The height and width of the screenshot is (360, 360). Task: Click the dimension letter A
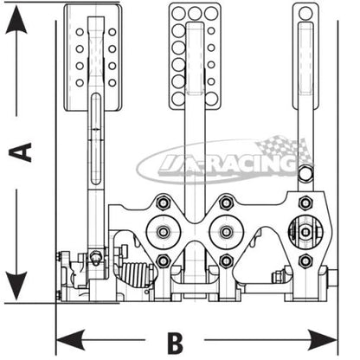pyautogui.click(x=20, y=151)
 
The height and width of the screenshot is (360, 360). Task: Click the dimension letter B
pyautogui.click(x=175, y=344)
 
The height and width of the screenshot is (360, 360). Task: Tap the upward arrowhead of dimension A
pyautogui.click(x=16, y=20)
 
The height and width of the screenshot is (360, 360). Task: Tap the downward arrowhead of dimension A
pyautogui.click(x=16, y=286)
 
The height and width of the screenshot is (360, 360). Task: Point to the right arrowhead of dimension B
pyautogui.click(x=323, y=340)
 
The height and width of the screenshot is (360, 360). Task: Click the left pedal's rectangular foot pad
pyautogui.click(x=93, y=58)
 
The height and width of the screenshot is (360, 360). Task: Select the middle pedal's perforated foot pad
pyautogui.click(x=195, y=56)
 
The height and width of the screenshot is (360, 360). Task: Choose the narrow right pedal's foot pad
pyautogui.click(x=305, y=56)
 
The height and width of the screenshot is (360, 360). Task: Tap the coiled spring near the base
pyautogui.click(x=136, y=274)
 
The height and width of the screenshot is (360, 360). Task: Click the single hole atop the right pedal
pyautogui.click(x=305, y=13)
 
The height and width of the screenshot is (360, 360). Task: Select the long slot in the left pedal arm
pyautogui.click(x=95, y=139)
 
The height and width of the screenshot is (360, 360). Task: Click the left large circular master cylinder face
pyautogui.click(x=164, y=231)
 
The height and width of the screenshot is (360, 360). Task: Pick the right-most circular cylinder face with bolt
pyautogui.click(x=305, y=232)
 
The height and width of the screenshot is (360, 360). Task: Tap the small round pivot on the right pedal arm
pyautogui.click(x=305, y=173)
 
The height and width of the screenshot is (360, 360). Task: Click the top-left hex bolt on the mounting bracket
pyautogui.click(x=164, y=202)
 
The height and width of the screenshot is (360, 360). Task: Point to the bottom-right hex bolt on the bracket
pyautogui.click(x=305, y=261)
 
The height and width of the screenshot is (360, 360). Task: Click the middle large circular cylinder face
pyautogui.click(x=227, y=231)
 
